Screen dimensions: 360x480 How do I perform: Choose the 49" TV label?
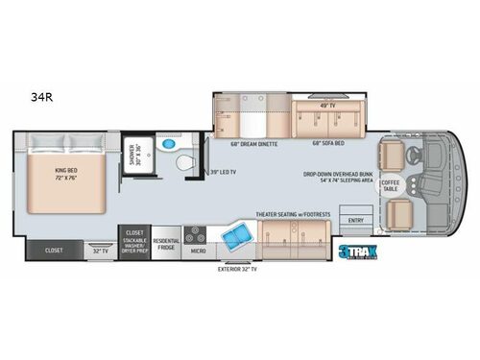coord(326,103)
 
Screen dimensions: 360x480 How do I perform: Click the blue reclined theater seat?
coord(236,234)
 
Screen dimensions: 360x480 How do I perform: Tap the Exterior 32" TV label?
coord(239,271)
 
